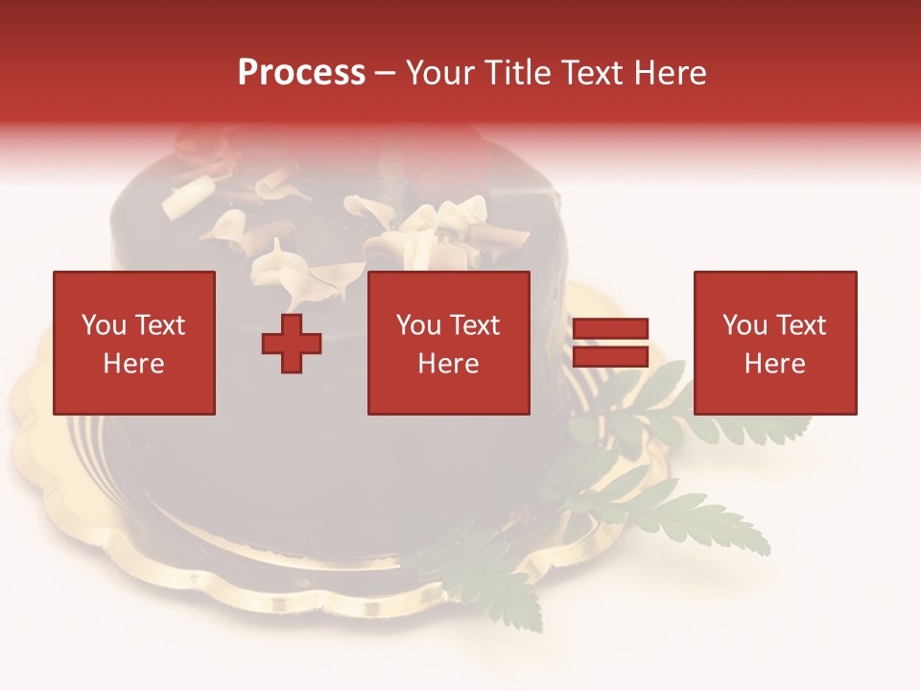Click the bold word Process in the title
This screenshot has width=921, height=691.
[x=301, y=73]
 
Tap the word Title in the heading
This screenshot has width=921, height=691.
[x=514, y=73]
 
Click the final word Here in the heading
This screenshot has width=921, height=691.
[x=671, y=73]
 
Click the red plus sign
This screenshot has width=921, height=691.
[x=292, y=344]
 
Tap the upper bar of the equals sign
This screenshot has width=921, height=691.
[x=610, y=329]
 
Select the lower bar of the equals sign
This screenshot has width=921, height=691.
[x=610, y=357]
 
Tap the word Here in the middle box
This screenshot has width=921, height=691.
[x=449, y=364]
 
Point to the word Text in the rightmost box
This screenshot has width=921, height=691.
[x=799, y=325]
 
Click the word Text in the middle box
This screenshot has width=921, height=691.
[x=474, y=325]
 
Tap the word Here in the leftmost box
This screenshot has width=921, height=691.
[x=134, y=364]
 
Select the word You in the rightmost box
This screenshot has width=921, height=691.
[x=744, y=325]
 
